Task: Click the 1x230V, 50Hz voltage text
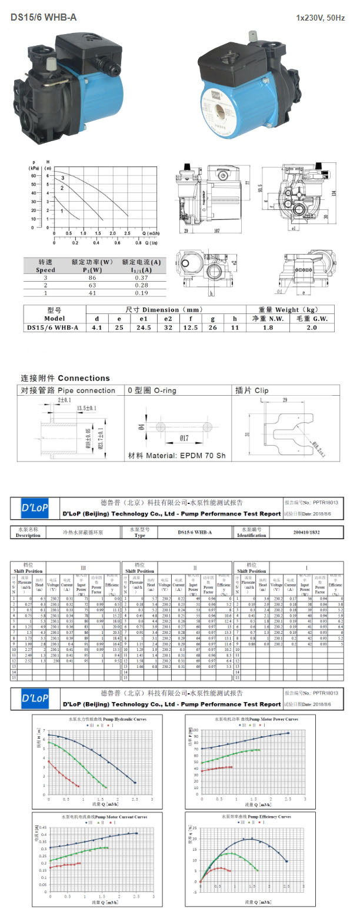320,18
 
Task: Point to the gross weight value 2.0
311,328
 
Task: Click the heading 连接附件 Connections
65,378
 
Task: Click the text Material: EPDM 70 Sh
172,456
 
